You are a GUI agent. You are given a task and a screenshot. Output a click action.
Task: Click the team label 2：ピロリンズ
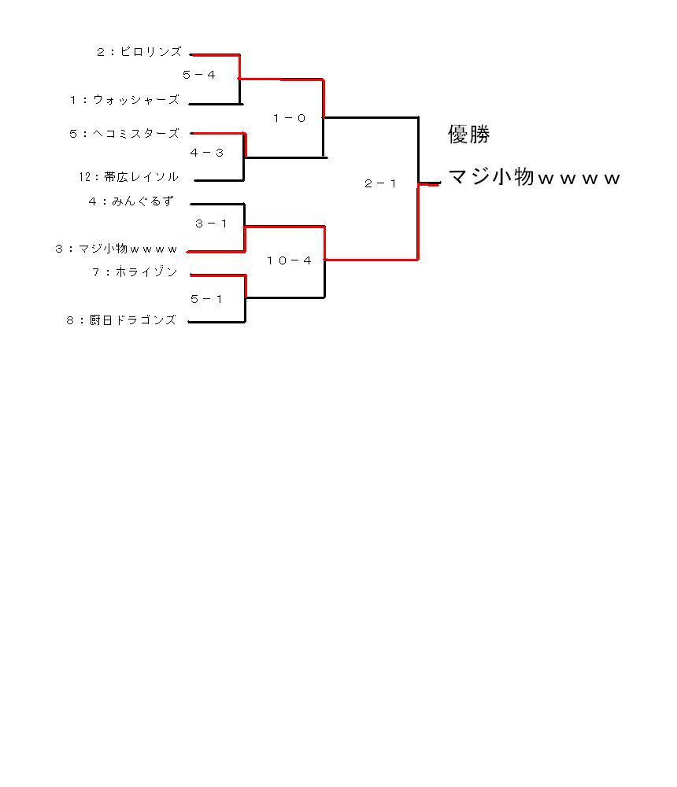tap(139, 52)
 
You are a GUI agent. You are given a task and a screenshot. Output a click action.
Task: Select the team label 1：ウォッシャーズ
tap(124, 100)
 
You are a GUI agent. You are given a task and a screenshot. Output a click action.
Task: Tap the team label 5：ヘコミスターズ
tap(124, 134)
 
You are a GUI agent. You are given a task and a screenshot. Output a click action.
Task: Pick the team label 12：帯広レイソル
tap(128, 176)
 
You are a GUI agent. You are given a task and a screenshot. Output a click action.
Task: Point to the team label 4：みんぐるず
tap(131, 201)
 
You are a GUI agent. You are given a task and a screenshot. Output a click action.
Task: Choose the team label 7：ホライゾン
tap(135, 272)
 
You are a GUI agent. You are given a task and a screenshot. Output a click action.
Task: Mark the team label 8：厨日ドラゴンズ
tap(121, 320)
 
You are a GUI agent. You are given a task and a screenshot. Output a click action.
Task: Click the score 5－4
tap(199, 75)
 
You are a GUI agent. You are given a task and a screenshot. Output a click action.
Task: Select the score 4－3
tap(206, 153)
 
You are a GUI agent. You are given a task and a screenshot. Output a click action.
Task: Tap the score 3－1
tap(211, 224)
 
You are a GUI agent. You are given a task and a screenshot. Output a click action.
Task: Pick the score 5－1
tap(206, 299)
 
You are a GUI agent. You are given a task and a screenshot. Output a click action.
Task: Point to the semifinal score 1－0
tap(289, 118)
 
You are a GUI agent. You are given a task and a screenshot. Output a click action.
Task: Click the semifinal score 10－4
tap(289, 260)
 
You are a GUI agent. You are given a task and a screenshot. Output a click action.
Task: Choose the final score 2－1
tap(380, 183)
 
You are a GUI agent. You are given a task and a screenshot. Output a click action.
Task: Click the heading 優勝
tap(468, 134)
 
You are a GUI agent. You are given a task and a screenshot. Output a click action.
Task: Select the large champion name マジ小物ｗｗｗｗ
tap(534, 176)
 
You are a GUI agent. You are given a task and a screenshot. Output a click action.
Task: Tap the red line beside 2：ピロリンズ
tap(216, 55)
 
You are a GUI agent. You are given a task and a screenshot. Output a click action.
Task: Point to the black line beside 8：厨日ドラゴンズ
tap(216, 322)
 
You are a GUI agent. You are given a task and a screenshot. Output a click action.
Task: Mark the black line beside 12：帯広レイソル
tap(219, 180)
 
